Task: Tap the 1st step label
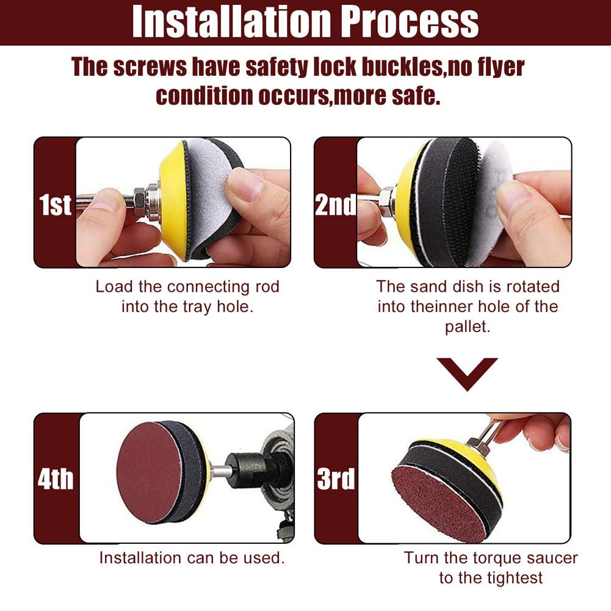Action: pyautogui.click(x=56, y=204)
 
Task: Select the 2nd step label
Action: pyautogui.click(x=336, y=204)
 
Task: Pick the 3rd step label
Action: pyautogui.click(x=336, y=480)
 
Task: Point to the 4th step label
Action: pyautogui.click(x=56, y=480)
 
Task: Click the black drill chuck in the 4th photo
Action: pyautogui.click(x=244, y=471)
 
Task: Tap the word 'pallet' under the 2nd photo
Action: pyautogui.click(x=467, y=327)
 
